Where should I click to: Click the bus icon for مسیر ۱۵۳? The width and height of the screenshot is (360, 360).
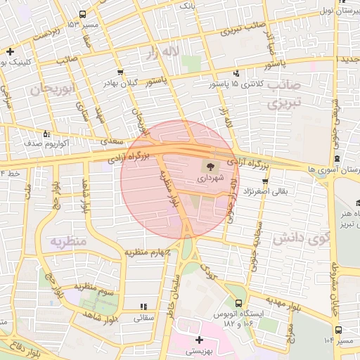pos(84,14)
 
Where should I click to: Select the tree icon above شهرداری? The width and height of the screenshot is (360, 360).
pos(209,167)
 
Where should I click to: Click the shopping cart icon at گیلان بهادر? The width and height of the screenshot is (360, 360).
pos(121,72)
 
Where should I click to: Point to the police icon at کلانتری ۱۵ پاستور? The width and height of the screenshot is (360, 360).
pos(236,73)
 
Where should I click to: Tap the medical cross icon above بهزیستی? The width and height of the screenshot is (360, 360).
pos(200,340)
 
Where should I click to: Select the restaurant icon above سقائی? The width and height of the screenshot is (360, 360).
pos(144,307)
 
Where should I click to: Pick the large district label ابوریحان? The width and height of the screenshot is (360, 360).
pos(53,90)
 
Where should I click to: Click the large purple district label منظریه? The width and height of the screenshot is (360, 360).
pos(67,241)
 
